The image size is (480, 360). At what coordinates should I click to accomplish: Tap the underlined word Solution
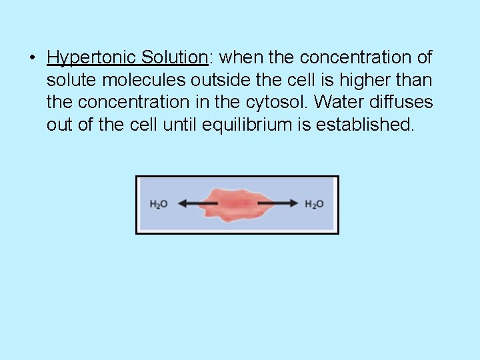tap(174, 58)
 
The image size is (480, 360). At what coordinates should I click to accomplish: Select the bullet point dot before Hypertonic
tap(32, 58)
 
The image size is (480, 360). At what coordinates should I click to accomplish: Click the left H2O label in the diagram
tap(159, 205)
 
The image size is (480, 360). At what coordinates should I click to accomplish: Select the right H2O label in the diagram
tap(314, 205)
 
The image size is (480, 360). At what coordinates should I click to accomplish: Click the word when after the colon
tap(241, 58)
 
